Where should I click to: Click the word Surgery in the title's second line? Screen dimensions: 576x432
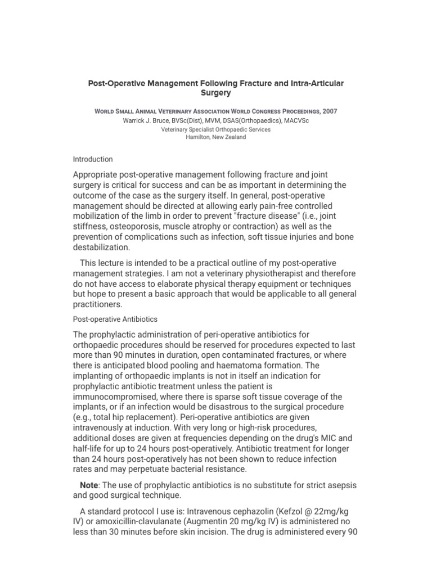216,93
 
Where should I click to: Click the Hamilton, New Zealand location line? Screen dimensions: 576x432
216,137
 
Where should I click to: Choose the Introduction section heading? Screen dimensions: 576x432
93,159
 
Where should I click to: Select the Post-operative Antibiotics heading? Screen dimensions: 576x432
115,319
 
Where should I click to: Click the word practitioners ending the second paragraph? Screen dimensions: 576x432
98,305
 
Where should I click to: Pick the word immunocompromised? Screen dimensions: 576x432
116,397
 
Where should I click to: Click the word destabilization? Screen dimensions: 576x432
102,247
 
